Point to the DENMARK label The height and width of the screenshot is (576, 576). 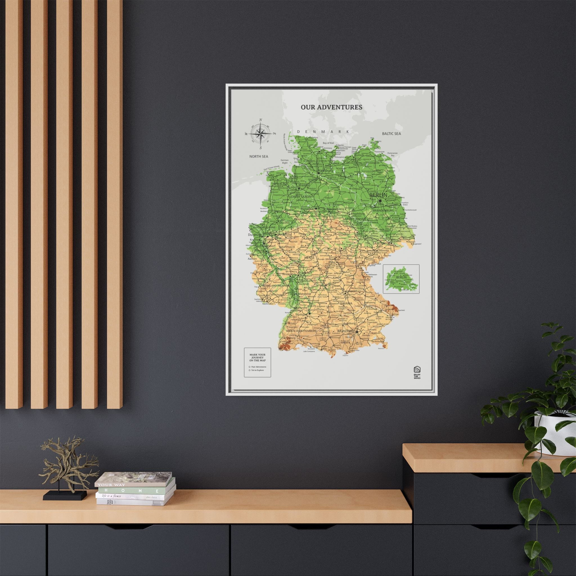click(x=323, y=131)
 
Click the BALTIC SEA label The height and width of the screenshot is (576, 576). click(x=391, y=134)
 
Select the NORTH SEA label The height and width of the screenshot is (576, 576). click(x=258, y=156)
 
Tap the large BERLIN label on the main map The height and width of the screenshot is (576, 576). click(x=378, y=195)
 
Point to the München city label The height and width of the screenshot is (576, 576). click(x=345, y=331)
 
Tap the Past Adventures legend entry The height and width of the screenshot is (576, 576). click(x=258, y=366)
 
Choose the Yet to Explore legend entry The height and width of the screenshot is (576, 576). click(x=257, y=370)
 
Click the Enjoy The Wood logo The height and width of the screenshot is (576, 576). click(x=417, y=373)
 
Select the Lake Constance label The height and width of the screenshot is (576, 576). click(x=309, y=351)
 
